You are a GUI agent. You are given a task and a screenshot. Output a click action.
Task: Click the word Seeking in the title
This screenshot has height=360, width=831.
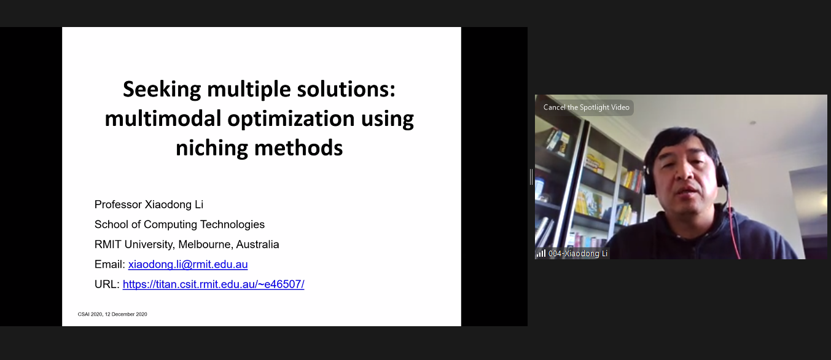click(162, 90)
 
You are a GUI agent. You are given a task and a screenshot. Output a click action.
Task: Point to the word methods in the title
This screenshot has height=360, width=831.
click(298, 148)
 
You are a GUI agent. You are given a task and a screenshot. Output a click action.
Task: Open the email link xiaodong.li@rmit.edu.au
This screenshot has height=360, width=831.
click(188, 264)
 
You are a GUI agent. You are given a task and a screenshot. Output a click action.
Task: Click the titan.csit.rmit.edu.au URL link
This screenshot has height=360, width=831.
click(213, 284)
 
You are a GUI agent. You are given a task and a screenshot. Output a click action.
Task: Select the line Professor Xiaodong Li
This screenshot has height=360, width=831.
click(149, 205)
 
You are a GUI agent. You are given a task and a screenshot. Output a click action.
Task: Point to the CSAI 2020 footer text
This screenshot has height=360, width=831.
click(112, 315)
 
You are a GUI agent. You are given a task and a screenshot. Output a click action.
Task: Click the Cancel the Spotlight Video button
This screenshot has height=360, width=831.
click(586, 108)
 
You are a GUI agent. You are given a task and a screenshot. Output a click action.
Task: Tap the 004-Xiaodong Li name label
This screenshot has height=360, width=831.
click(577, 254)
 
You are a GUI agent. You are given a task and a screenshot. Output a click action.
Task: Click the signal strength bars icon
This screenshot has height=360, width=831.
click(541, 254)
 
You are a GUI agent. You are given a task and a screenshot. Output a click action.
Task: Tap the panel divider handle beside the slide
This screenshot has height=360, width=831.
click(531, 177)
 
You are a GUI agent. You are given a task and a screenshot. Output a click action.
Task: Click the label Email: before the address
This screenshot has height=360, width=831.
click(110, 264)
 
